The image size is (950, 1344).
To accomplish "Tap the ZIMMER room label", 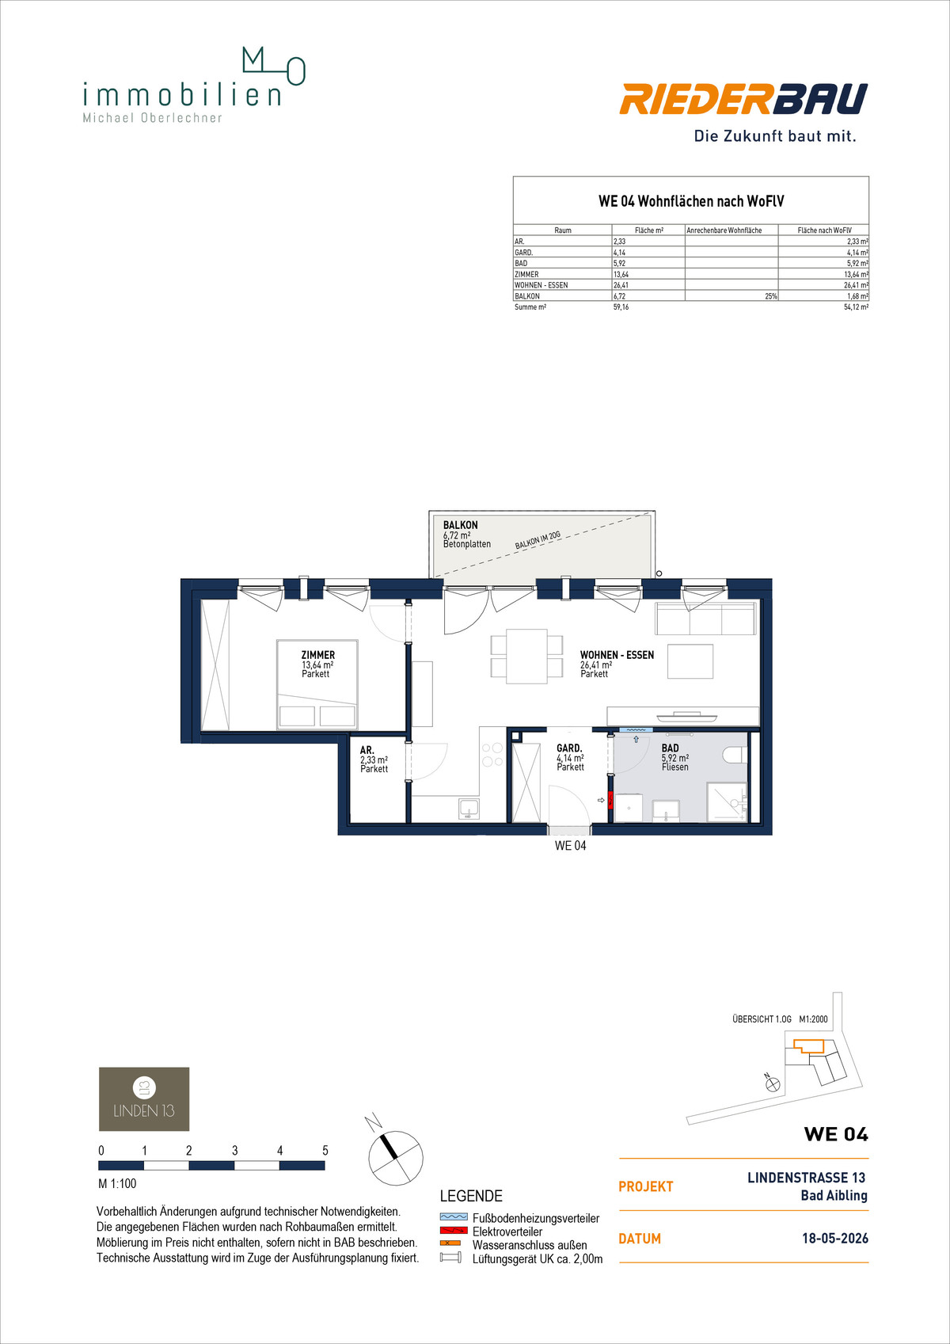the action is (318, 655).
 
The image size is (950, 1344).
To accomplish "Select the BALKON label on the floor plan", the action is (461, 525).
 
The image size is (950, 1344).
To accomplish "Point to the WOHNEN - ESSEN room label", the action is (617, 655).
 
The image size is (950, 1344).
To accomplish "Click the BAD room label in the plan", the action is (670, 748).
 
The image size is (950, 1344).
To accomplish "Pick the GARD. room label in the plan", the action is (569, 748).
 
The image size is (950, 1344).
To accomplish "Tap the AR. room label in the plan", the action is (367, 750).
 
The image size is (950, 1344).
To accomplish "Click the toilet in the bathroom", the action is (735, 754).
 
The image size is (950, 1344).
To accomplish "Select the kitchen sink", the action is (469, 808).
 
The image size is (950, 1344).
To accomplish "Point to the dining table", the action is (526, 656).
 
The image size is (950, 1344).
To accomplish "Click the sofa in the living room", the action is (705, 618).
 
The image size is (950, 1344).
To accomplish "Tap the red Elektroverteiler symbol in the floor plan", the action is (610, 800).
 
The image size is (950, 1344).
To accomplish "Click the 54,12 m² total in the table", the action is (856, 307).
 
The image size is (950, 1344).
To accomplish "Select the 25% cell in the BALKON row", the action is (771, 296).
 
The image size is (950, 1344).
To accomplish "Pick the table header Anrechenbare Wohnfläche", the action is (724, 230).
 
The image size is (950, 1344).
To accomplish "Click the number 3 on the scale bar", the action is (234, 1150).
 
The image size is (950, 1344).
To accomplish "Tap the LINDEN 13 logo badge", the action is (144, 1098).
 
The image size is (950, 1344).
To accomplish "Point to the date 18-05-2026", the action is (835, 1239).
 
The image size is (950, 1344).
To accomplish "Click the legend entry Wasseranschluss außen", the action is (530, 1245).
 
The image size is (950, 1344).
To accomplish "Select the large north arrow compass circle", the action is (395, 1158).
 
